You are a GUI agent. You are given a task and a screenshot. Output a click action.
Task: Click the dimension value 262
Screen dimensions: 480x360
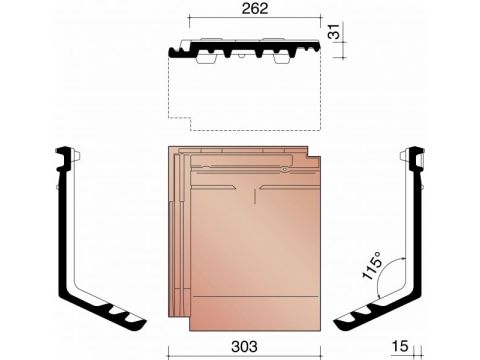point(255,8)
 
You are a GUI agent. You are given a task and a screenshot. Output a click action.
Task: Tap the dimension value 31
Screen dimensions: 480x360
point(335,31)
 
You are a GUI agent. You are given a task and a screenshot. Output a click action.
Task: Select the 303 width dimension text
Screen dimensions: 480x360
point(244,347)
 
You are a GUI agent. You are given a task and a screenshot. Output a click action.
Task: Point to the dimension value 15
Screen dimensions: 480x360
point(400,346)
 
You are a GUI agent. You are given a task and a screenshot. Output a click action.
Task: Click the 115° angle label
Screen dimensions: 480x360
point(372,265)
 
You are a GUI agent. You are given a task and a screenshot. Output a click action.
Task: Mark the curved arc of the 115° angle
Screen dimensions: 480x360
point(387,275)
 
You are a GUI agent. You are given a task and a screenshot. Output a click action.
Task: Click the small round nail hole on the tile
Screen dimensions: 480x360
point(284,170)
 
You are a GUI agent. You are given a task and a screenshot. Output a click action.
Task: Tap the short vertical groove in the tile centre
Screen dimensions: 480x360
point(255,196)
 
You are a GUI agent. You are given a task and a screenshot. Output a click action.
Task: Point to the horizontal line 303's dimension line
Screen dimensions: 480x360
point(244,356)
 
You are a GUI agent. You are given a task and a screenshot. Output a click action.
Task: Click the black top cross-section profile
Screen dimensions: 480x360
point(244,49)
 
